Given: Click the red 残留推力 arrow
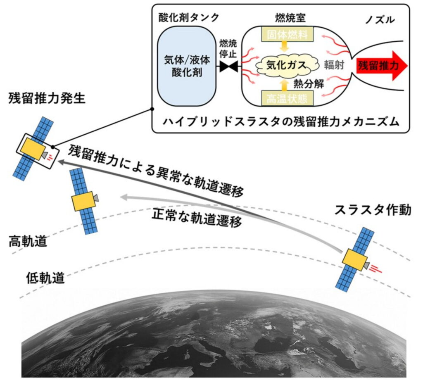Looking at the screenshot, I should coord(382,66).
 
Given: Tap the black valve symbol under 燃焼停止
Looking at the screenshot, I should coord(228,66).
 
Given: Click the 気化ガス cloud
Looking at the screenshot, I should coord(285,65).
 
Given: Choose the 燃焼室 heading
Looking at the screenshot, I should coord(287,17).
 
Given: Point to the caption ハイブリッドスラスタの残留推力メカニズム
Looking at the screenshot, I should coord(282,122).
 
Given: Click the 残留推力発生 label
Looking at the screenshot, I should coord(47,99).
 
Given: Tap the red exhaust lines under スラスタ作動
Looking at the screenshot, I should coord(376,269).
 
